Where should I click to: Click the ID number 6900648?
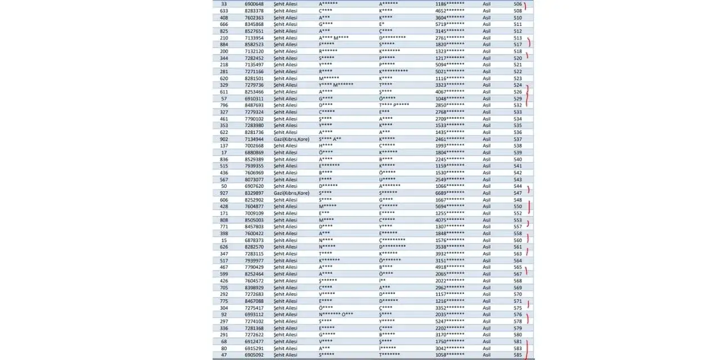254,4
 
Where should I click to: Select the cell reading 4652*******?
449,11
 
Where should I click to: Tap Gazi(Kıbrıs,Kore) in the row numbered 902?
291,139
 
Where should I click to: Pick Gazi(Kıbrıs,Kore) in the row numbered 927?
291,193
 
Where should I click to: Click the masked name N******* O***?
336,314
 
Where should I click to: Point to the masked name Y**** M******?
336,85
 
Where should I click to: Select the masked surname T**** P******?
394,105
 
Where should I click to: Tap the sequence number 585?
517,355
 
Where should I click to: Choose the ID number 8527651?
254,31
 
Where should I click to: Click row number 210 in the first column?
224,38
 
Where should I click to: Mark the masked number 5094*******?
449,65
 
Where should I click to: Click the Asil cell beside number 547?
487,193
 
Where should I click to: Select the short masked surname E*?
382,24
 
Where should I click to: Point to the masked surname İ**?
382,281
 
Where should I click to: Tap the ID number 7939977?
254,260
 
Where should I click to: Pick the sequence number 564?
517,260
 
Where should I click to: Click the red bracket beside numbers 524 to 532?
528,95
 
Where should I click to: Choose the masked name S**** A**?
330,139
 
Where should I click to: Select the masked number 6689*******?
449,193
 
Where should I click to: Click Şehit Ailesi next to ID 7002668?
285,146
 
